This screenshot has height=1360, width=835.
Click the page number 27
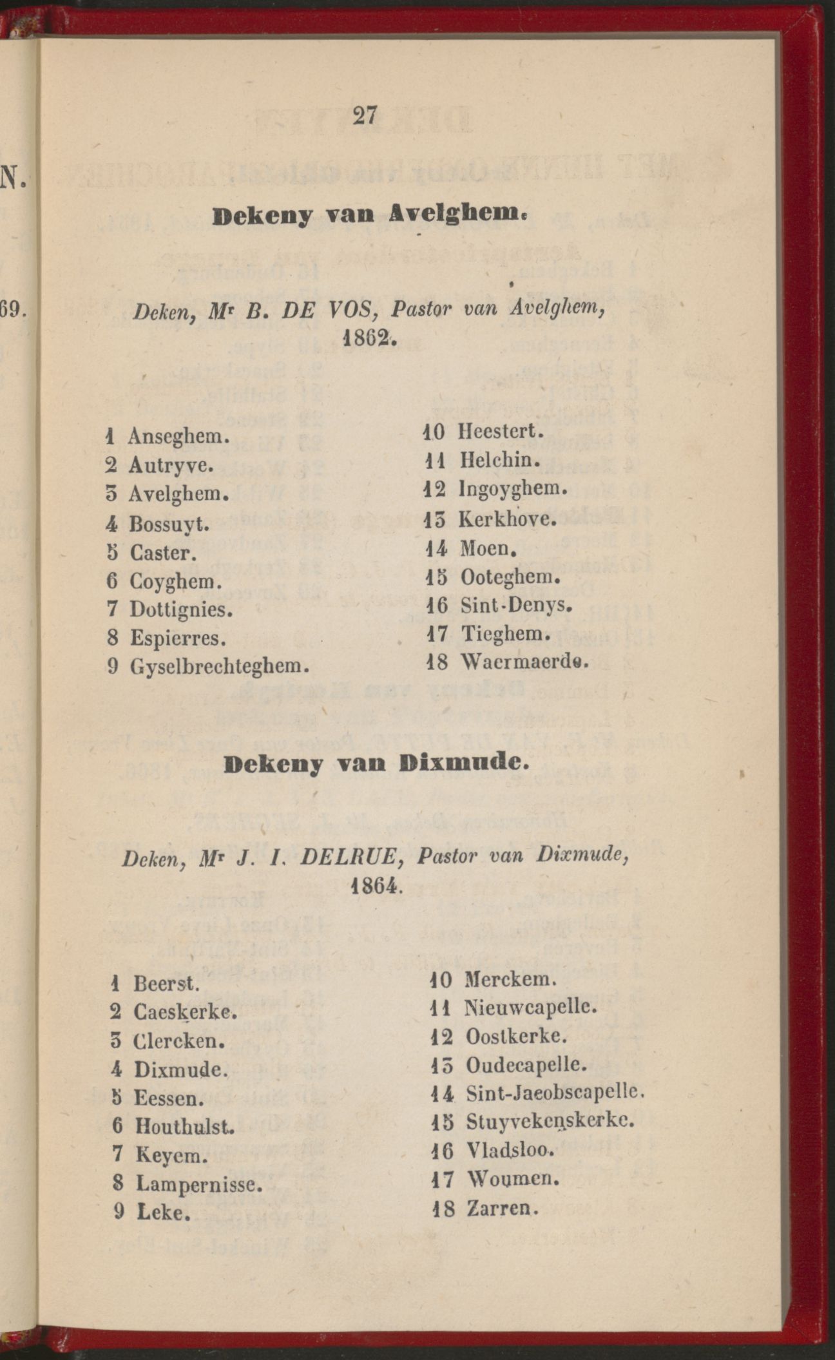coord(364,116)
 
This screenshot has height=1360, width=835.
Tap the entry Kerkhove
coord(506,519)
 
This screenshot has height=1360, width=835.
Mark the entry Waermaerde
coord(523,662)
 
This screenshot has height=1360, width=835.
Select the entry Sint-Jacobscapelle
coord(555,1093)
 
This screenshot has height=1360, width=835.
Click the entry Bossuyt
coord(169,524)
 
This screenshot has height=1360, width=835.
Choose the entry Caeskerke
coord(185,1011)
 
